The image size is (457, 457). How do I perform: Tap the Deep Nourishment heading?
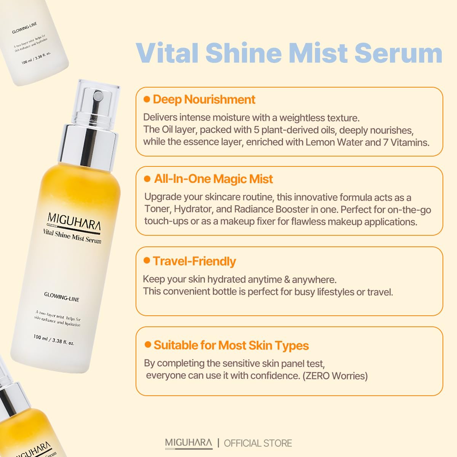204,100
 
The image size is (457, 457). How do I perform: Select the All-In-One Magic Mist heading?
213,179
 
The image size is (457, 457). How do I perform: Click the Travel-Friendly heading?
194,261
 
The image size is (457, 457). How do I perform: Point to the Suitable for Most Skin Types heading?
231,345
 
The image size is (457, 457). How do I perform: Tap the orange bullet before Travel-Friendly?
147,260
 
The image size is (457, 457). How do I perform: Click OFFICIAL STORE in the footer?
258,443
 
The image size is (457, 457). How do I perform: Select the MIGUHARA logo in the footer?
189,443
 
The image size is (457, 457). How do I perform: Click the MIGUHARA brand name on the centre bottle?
74,222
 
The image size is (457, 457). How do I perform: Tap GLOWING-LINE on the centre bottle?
61,297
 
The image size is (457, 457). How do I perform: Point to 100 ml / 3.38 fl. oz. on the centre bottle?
54,339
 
